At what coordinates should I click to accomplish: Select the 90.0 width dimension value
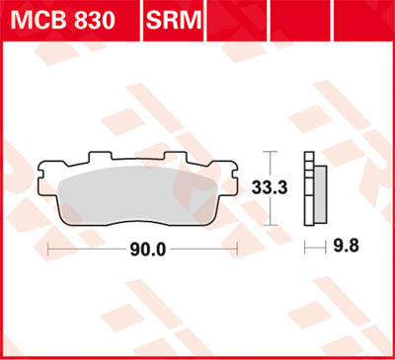[x=146, y=250]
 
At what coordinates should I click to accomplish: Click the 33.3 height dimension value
[x=290, y=186]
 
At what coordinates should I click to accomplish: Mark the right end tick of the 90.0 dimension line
[x=237, y=250]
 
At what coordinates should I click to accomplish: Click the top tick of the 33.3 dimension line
[x=274, y=151]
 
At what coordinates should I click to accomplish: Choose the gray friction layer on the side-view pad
[x=320, y=191]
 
